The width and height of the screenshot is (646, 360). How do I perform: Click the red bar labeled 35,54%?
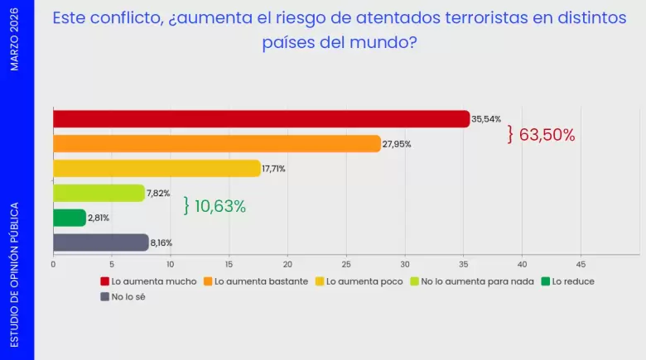coord(261,119)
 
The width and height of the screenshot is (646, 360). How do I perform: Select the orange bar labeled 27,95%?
coord(216,144)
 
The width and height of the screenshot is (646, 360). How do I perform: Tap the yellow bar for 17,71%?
coord(157,169)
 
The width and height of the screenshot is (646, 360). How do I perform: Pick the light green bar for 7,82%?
coord(99,194)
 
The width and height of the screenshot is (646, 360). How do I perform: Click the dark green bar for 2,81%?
coord(70,218)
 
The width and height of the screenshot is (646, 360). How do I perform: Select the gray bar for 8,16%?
coord(100,242)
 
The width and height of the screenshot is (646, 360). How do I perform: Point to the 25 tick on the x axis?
coord(346,265)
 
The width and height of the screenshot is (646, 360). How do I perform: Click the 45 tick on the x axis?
coord(581,265)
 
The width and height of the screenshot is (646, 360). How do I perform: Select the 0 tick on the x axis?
coord(53,265)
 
